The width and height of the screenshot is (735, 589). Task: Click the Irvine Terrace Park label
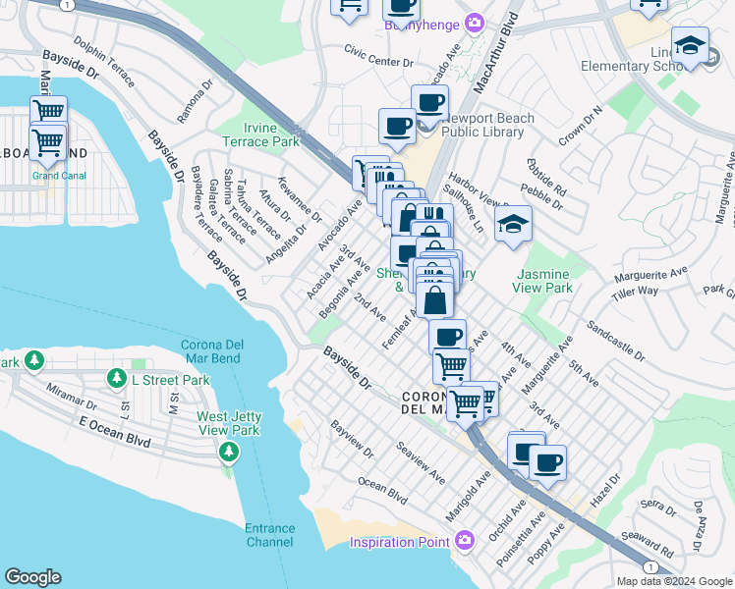pyautogui.click(x=270, y=134)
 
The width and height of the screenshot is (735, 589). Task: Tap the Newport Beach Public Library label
pyautogui.click(x=488, y=126)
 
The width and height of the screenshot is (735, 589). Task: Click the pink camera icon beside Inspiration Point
pyautogui.click(x=466, y=541)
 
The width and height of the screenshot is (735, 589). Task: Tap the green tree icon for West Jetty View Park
pyautogui.click(x=229, y=452)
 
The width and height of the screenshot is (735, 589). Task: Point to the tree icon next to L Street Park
pyautogui.click(x=117, y=379)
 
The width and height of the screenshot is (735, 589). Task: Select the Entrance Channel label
pyautogui.click(x=269, y=535)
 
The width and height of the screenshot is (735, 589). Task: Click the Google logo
pyautogui.click(x=32, y=577)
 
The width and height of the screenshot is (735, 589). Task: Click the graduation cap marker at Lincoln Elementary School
pyautogui.click(x=690, y=46)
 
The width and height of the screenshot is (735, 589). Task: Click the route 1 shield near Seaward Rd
pyautogui.click(x=650, y=567)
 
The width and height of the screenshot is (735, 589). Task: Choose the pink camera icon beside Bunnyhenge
pyautogui.click(x=476, y=22)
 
